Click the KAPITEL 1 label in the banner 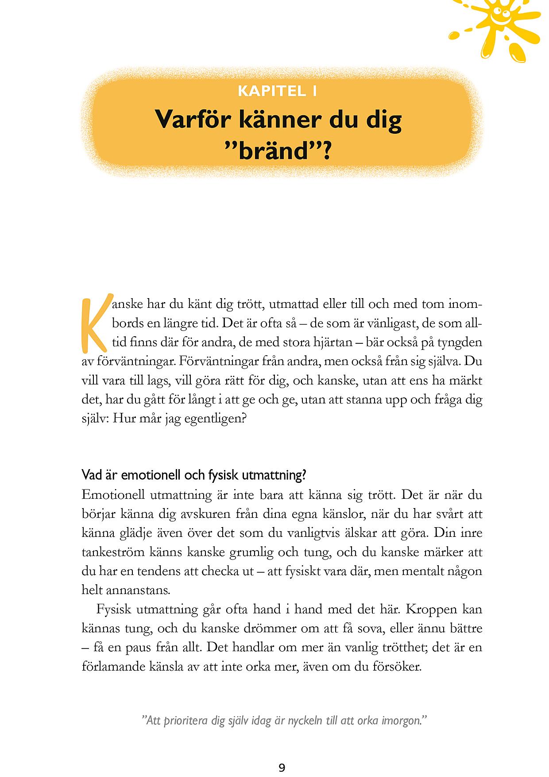click(x=277, y=91)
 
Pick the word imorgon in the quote click(x=400, y=721)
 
